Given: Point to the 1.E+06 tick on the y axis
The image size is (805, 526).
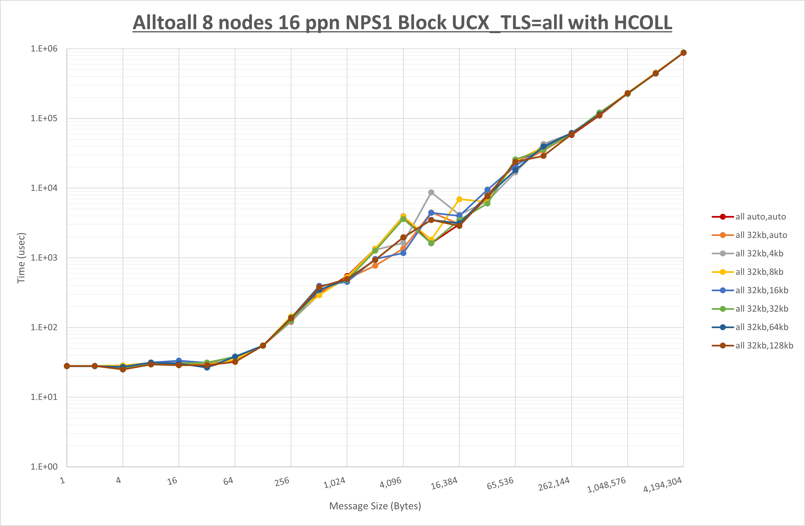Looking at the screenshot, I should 44,49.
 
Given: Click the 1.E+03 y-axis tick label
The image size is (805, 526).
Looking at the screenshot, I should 44,258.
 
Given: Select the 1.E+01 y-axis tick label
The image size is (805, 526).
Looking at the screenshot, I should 44,397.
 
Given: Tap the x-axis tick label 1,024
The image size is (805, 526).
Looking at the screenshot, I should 335,483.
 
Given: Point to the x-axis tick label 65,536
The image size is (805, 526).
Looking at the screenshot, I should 500,483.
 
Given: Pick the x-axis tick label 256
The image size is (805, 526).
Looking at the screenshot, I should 282,482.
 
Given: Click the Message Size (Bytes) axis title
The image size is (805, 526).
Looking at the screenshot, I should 375,506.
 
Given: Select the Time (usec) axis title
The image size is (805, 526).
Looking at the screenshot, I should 21,258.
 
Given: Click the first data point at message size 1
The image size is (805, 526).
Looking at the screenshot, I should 67,366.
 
